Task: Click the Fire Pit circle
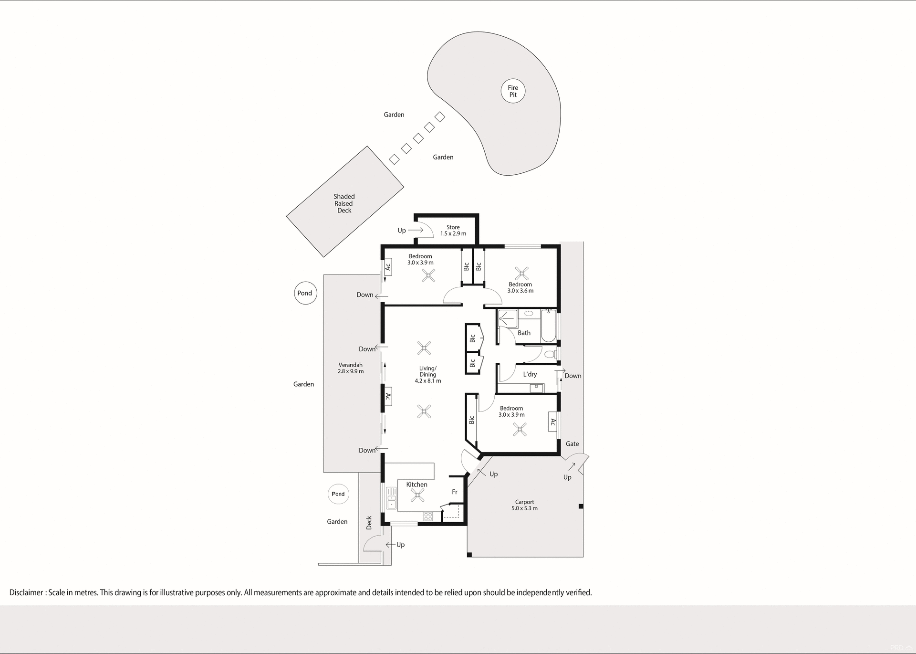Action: pyautogui.click(x=513, y=91)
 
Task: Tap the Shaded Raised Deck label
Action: pyautogui.click(x=344, y=203)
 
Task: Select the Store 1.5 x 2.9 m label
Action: pyautogui.click(x=453, y=231)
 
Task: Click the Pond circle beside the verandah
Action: pyautogui.click(x=305, y=293)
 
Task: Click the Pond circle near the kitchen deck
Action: pyautogui.click(x=338, y=494)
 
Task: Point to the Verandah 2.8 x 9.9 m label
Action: pyautogui.click(x=351, y=368)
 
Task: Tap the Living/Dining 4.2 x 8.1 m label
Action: pyautogui.click(x=427, y=374)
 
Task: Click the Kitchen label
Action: pyautogui.click(x=416, y=485)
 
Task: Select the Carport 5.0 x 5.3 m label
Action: pyautogui.click(x=524, y=505)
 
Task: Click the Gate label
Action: pyautogui.click(x=572, y=444)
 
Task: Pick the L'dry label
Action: pyautogui.click(x=530, y=374)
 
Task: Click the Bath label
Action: pyautogui.click(x=524, y=333)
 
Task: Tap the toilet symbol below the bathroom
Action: pyautogui.click(x=551, y=354)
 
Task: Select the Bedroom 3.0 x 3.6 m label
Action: pyautogui.click(x=520, y=287)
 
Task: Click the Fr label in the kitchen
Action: pyautogui.click(x=455, y=492)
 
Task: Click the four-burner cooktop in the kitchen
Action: pyautogui.click(x=428, y=516)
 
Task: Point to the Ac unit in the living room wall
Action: pyautogui.click(x=388, y=397)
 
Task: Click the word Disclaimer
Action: pyautogui.click(x=26, y=592)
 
